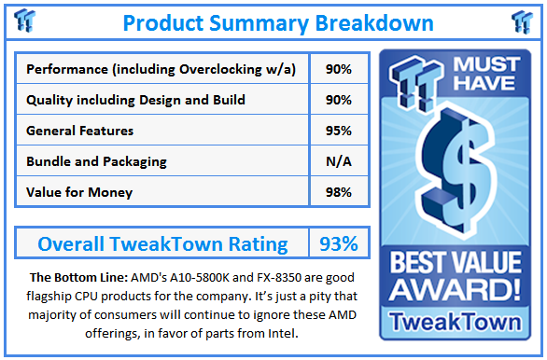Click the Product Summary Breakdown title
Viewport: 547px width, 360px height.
click(277, 21)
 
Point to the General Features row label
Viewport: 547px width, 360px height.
click(80, 131)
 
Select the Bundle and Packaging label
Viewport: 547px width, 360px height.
click(97, 161)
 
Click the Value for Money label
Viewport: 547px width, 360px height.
click(79, 192)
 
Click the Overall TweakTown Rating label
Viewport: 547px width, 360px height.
click(162, 244)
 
